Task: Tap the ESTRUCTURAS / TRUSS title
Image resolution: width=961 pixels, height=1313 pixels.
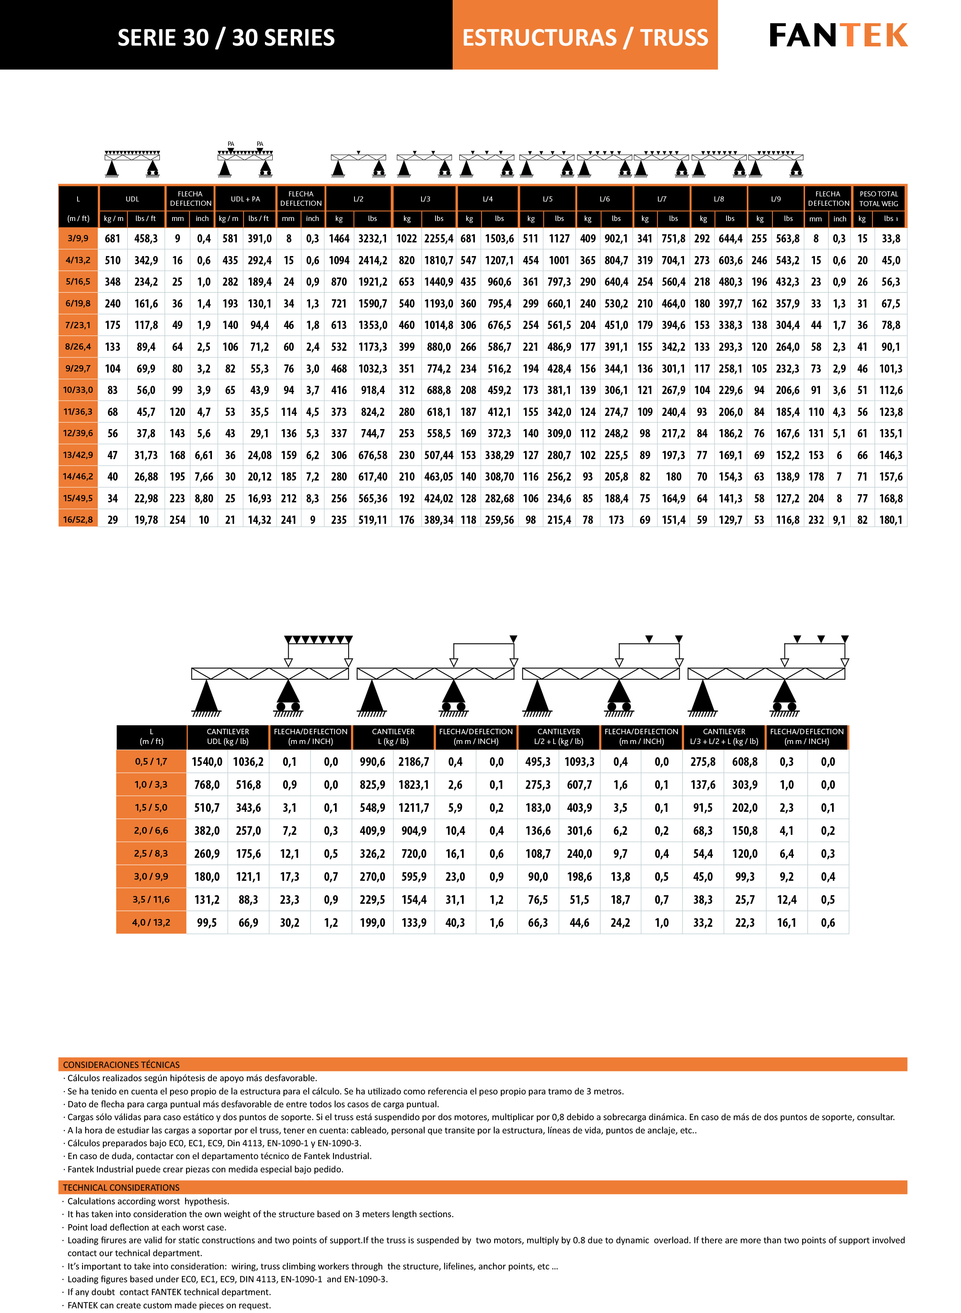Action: coord(585,38)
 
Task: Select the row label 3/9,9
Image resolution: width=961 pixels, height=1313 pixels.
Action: coord(78,238)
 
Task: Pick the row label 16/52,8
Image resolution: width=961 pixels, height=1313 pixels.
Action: coord(78,519)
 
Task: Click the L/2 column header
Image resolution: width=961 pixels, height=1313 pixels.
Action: coord(358,199)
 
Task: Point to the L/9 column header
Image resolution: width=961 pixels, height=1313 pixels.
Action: coord(776,199)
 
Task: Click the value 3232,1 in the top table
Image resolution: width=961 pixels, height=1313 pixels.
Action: coord(372,239)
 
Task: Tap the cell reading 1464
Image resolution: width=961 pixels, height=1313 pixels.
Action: coord(339,239)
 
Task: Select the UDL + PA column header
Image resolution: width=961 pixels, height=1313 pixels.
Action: coord(245,199)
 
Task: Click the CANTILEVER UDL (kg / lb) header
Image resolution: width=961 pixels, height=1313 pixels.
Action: coord(228,736)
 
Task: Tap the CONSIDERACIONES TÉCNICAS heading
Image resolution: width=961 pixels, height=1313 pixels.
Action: coord(122,1064)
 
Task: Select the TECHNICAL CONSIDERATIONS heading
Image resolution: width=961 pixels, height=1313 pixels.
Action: coord(121,1187)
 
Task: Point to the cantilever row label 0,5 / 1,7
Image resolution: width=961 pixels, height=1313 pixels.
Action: coord(151,761)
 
